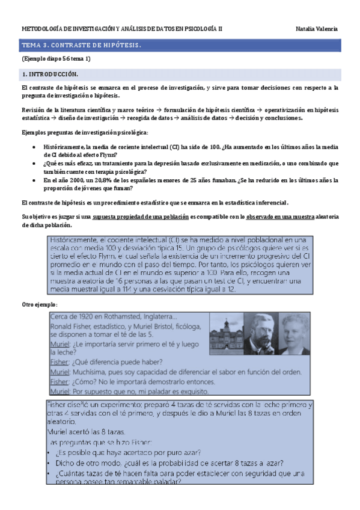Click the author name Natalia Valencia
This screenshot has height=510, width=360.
click(x=317, y=29)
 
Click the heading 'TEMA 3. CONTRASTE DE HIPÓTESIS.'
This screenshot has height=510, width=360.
click(x=82, y=45)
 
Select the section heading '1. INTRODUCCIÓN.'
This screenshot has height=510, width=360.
click(x=50, y=73)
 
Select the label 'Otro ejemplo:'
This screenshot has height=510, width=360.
click(x=39, y=305)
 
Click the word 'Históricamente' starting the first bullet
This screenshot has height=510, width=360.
click(x=64, y=147)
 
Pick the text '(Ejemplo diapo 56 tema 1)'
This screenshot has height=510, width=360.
click(x=56, y=59)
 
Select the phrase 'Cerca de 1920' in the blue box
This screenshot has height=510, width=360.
click(x=70, y=317)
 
